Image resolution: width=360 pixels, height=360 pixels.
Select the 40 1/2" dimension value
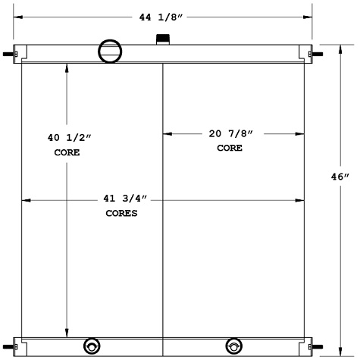click(x=69, y=138)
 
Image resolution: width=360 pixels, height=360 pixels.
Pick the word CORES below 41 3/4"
click(x=121, y=214)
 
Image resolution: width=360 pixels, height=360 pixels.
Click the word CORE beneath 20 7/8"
click(x=230, y=148)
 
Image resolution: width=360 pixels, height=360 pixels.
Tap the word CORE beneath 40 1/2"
click(x=67, y=152)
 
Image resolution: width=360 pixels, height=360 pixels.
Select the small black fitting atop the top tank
click(x=161, y=39)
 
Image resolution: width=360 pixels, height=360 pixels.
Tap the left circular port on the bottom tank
click(x=92, y=346)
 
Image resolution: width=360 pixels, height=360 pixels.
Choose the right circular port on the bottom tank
click(x=234, y=346)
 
